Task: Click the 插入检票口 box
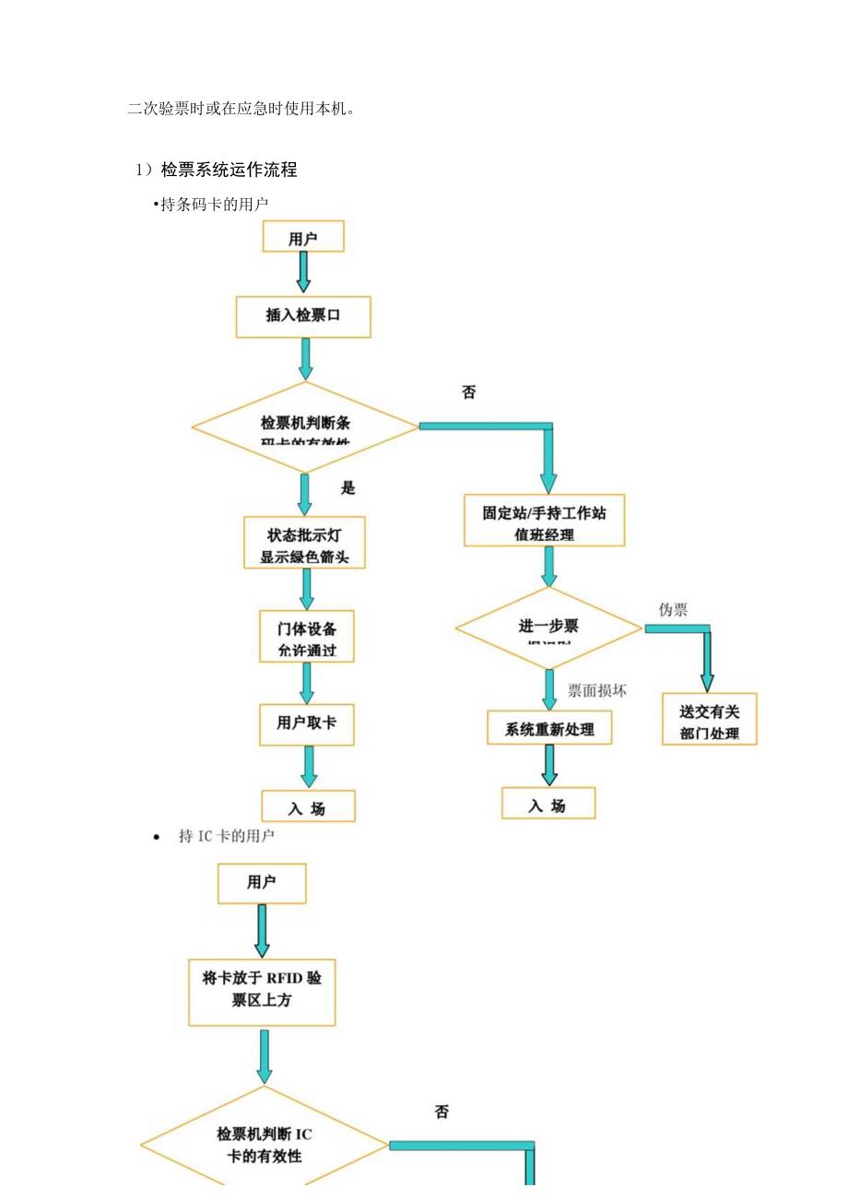(303, 316)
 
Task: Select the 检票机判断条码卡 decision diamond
(305, 428)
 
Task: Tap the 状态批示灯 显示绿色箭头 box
(304, 544)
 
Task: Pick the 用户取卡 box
(307, 724)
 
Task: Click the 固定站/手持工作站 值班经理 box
(544, 522)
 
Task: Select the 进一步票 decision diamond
(548, 629)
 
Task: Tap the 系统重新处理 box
(549, 729)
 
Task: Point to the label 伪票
(673, 610)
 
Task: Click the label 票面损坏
(596, 689)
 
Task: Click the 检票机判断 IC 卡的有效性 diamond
(265, 1145)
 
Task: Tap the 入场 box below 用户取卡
(308, 807)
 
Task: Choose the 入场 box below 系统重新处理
(548, 805)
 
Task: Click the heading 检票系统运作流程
(229, 170)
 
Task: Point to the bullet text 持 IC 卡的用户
(226, 837)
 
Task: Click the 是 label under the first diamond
(347, 488)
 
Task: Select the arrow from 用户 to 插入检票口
(303, 273)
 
